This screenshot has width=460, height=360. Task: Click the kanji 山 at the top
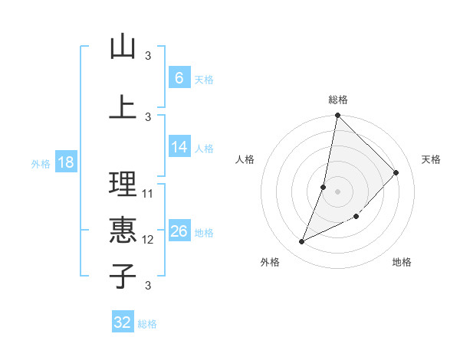click(123, 47)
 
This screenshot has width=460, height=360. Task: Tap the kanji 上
click(123, 106)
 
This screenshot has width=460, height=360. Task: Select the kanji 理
click(123, 185)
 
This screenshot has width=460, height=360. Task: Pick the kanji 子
click(123, 276)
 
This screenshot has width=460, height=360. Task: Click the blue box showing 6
click(179, 78)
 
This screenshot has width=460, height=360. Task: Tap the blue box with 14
click(179, 148)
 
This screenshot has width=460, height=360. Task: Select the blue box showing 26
click(179, 232)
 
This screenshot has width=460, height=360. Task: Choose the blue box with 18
click(65, 163)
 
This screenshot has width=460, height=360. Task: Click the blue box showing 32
click(123, 322)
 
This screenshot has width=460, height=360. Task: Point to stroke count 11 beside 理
click(148, 193)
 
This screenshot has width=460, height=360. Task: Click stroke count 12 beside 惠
click(148, 239)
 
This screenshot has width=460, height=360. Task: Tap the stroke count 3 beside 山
click(148, 55)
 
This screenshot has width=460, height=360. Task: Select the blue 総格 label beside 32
click(147, 324)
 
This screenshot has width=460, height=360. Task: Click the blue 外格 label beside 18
click(40, 164)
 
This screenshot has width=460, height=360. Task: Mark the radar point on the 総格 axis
click(337, 115)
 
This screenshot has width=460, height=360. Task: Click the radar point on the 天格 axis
click(396, 172)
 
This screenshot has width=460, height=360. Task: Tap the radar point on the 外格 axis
click(301, 242)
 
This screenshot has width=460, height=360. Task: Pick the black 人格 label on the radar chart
click(245, 159)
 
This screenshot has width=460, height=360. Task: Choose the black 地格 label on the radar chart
click(402, 262)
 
